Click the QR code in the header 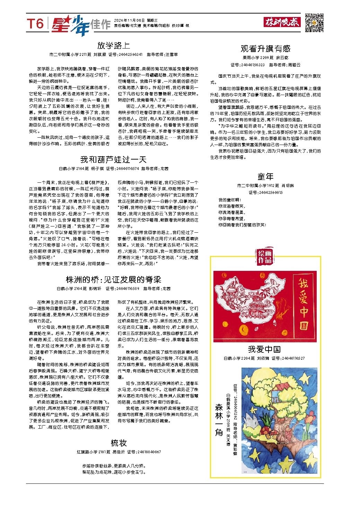(x=314, y=23)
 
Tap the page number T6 (x=36, y=24)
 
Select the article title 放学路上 (x=113, y=45)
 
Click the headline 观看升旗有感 (x=265, y=49)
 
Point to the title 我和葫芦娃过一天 (x=113, y=160)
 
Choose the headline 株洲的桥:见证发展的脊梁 (x=113, y=280)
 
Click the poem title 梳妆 (x=118, y=443)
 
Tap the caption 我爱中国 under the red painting (x=264, y=349)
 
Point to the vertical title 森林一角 (x=219, y=419)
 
